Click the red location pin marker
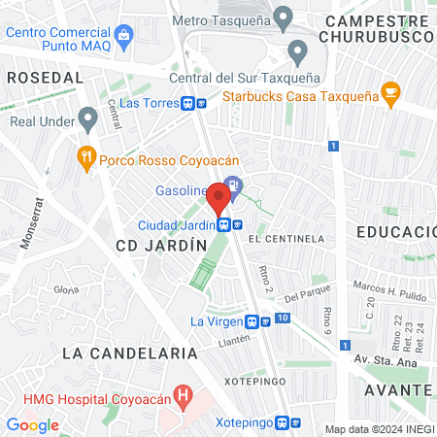click(218, 199)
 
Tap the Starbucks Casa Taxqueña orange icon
click(391, 94)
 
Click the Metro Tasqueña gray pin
click(283, 17)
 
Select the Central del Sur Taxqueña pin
click(297, 50)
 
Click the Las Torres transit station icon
click(201, 103)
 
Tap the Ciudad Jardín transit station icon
click(224, 224)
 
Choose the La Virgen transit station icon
click(252, 321)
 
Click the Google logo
click(32, 424)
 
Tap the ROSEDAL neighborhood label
click(45, 76)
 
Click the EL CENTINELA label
click(286, 238)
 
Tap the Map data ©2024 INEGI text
click(378, 428)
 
